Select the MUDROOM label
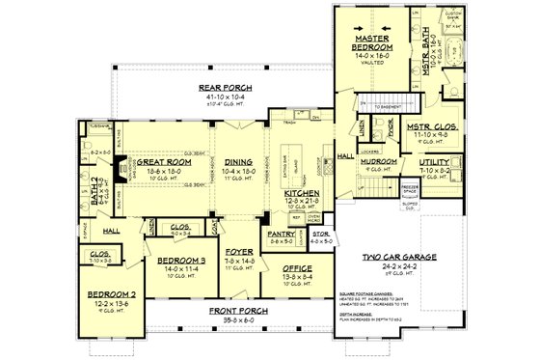coord(378,161)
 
